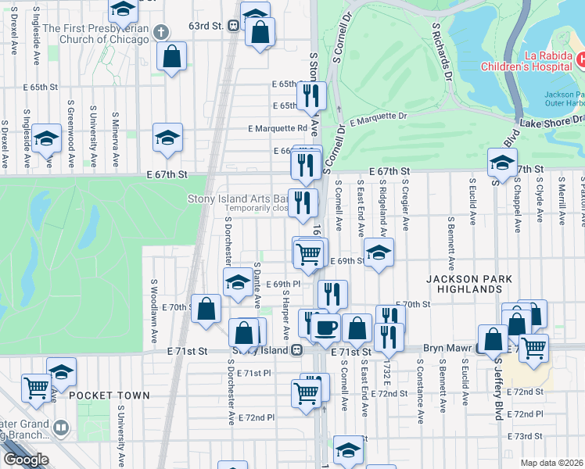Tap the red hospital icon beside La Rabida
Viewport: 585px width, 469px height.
(581, 59)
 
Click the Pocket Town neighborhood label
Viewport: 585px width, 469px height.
(109, 396)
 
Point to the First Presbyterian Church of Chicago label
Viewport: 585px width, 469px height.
(95, 34)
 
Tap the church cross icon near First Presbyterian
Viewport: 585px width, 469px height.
(161, 32)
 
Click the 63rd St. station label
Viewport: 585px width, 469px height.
(207, 25)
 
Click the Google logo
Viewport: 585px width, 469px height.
(25, 460)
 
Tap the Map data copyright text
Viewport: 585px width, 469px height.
(552, 462)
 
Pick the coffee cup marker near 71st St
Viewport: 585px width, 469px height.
(325, 328)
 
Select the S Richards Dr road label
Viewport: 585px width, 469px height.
(442, 52)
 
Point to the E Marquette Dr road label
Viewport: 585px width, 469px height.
(379, 118)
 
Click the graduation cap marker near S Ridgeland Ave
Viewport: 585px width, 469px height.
(378, 252)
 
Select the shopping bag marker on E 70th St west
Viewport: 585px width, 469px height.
(206, 308)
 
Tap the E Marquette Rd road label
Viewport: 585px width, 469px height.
(278, 128)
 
